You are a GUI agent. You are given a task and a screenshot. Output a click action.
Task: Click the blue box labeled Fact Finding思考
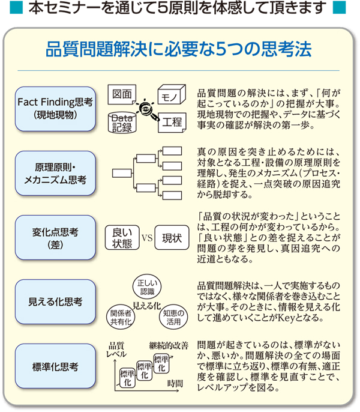(55, 109)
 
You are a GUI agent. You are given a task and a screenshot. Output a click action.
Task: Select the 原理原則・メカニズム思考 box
(55, 173)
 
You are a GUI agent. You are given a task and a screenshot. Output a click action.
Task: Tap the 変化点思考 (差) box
(55, 238)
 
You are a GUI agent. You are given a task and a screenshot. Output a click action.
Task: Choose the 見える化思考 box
(55, 301)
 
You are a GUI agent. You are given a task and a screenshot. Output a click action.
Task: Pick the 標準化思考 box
(55, 366)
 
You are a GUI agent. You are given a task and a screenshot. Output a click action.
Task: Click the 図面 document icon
(122, 94)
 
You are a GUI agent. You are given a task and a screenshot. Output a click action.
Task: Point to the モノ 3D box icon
(172, 95)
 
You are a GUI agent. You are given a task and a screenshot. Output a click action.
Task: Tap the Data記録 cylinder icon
(122, 123)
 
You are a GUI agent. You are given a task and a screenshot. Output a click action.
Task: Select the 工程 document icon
(172, 123)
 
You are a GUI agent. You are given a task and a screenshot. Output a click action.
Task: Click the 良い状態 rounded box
(122, 238)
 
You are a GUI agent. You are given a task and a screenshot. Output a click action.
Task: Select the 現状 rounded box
(172, 238)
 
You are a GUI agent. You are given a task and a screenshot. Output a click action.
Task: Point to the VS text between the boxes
(147, 238)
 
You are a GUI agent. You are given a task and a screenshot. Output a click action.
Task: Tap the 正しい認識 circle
(147, 287)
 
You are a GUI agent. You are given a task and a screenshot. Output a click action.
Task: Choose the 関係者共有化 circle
(121, 317)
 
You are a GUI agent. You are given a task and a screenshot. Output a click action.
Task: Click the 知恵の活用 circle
(173, 317)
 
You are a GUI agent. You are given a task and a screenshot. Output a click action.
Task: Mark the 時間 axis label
(175, 384)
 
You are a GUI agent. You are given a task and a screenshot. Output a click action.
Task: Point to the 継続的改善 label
(169, 345)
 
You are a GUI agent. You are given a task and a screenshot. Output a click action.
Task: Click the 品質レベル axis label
(116, 350)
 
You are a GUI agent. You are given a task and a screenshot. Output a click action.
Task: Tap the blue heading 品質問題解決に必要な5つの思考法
(179, 49)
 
